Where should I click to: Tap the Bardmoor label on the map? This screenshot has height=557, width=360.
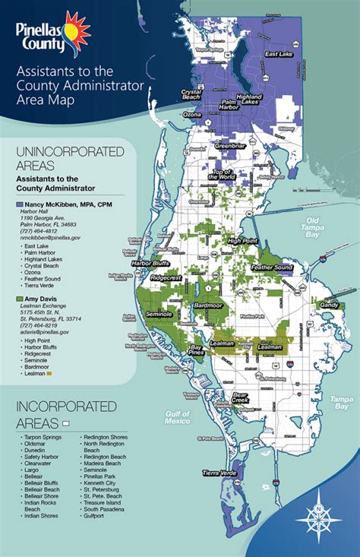click(207, 286)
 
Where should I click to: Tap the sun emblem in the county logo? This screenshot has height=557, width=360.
click(74, 30)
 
